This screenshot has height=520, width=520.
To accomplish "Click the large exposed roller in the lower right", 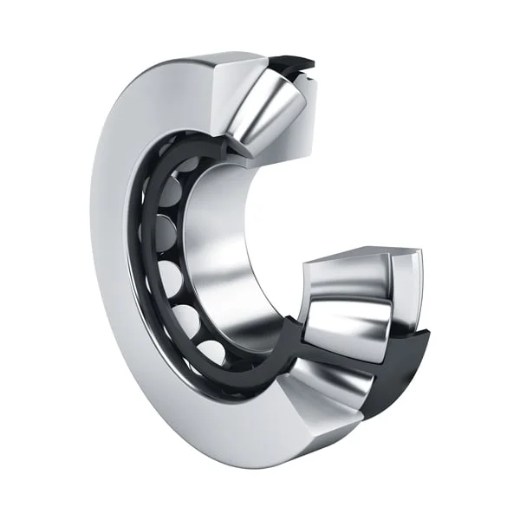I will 342,325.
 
